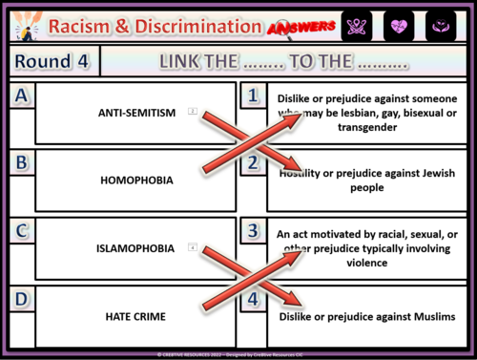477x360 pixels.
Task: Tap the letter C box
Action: point(19,231)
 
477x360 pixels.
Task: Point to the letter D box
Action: point(19,299)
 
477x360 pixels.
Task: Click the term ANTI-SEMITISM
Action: point(137,113)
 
